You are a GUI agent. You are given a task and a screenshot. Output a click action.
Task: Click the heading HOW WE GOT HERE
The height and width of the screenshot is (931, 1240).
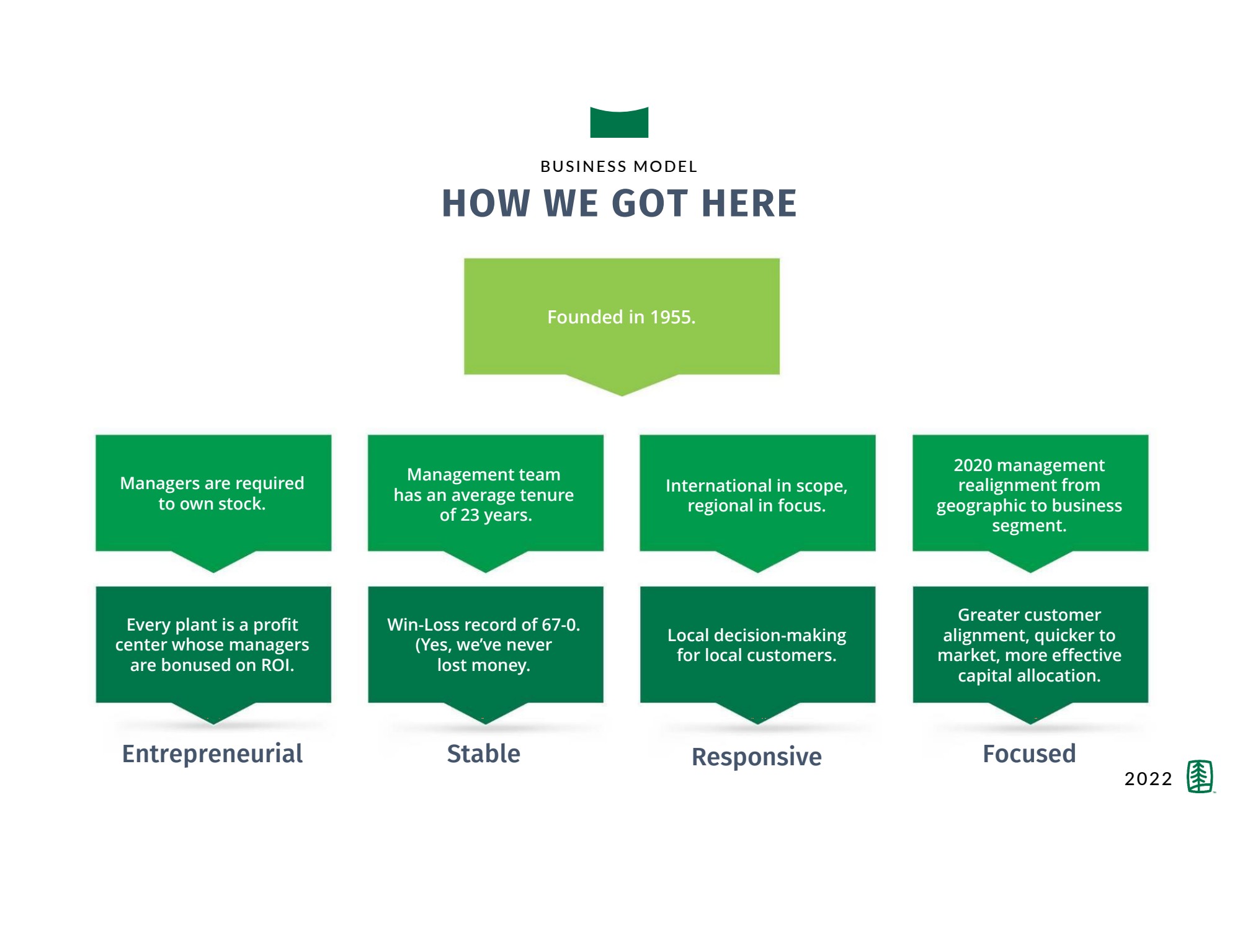(x=619, y=204)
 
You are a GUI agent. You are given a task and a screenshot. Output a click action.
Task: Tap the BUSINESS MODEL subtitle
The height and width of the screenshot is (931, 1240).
(x=619, y=166)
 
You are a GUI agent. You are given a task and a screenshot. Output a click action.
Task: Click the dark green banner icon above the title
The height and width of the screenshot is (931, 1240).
(x=619, y=123)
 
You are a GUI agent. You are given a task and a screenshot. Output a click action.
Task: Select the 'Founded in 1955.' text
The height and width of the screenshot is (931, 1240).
(x=621, y=317)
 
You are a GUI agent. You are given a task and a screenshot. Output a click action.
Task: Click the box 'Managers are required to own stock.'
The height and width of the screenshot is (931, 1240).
(x=213, y=493)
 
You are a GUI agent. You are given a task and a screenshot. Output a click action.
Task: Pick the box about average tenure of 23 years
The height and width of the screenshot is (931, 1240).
(x=485, y=495)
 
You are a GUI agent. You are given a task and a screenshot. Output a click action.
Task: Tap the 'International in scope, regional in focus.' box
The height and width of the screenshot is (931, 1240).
(x=757, y=495)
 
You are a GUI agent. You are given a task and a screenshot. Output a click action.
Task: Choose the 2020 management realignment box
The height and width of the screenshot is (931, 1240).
(x=1030, y=495)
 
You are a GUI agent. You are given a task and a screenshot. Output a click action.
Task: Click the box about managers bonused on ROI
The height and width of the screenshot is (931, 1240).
(x=213, y=645)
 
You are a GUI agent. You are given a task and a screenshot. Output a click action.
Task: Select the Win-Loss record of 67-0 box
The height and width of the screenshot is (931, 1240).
(x=484, y=645)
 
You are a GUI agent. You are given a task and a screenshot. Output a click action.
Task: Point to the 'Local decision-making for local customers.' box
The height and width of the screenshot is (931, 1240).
(x=757, y=645)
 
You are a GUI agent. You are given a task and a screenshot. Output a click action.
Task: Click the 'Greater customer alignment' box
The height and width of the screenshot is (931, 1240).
(x=1030, y=645)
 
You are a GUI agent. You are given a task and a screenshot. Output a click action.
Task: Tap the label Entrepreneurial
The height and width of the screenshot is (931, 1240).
(x=212, y=753)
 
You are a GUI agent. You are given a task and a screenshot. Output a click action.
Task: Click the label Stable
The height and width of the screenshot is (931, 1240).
(x=484, y=753)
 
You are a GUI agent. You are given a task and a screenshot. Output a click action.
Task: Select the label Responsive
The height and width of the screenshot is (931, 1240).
(x=757, y=757)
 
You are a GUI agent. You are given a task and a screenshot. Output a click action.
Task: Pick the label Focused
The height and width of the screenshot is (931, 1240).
(x=1029, y=753)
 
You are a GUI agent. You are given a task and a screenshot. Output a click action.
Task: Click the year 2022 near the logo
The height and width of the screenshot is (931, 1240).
(x=1148, y=778)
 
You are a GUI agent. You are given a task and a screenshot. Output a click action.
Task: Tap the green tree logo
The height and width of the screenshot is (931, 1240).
(x=1200, y=776)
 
